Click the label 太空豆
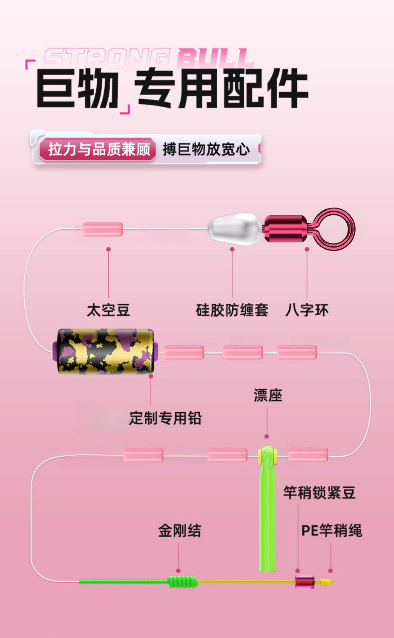click(109, 310)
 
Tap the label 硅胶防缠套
click(232, 310)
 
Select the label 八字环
click(307, 310)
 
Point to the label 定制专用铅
click(165, 418)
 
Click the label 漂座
click(268, 395)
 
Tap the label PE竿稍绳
click(332, 530)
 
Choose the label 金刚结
click(180, 530)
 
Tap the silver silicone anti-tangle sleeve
click(235, 229)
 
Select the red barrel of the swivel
click(285, 229)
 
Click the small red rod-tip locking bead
click(305, 582)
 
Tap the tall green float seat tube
click(268, 508)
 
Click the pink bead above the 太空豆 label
click(103, 229)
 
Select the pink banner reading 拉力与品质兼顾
click(98, 149)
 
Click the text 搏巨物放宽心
click(206, 150)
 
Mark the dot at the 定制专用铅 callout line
click(151, 376)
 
